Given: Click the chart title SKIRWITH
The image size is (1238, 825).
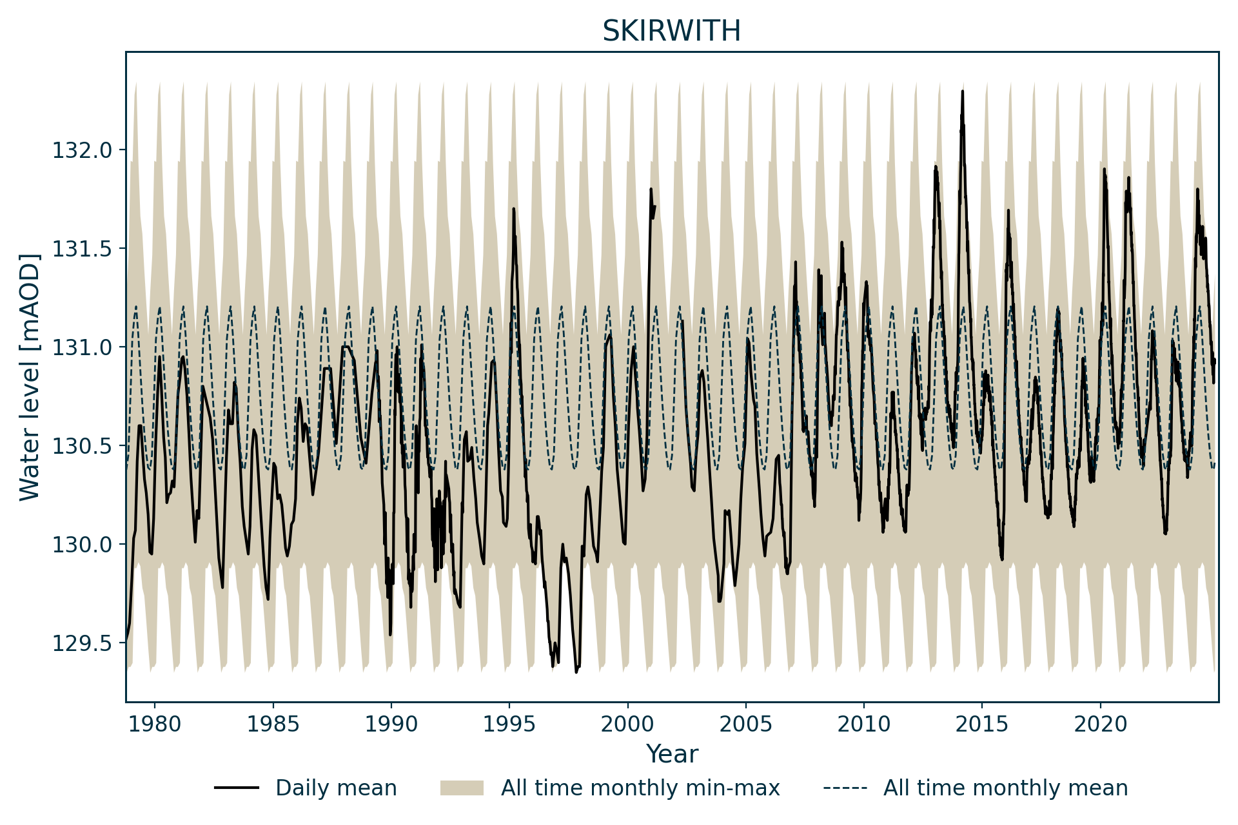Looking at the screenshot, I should point(671,31).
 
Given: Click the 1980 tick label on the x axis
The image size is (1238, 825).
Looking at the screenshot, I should point(154,724).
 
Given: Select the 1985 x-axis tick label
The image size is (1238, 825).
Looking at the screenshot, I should point(273,724).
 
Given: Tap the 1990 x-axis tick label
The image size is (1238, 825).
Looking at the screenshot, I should point(391,724).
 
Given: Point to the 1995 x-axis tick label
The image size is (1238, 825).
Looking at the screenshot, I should point(509,724).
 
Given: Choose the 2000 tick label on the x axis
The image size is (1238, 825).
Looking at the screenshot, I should point(627,724).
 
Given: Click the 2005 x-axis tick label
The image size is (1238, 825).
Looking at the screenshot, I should point(746,724).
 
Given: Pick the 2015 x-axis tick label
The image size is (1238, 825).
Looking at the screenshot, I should point(982,724).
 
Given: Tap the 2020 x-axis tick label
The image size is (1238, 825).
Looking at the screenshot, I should point(1101,724).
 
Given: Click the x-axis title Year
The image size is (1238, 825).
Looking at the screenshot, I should point(672,754).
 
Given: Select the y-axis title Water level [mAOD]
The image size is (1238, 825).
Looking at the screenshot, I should point(30,377).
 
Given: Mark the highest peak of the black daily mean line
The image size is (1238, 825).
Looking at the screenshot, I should point(962,92).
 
